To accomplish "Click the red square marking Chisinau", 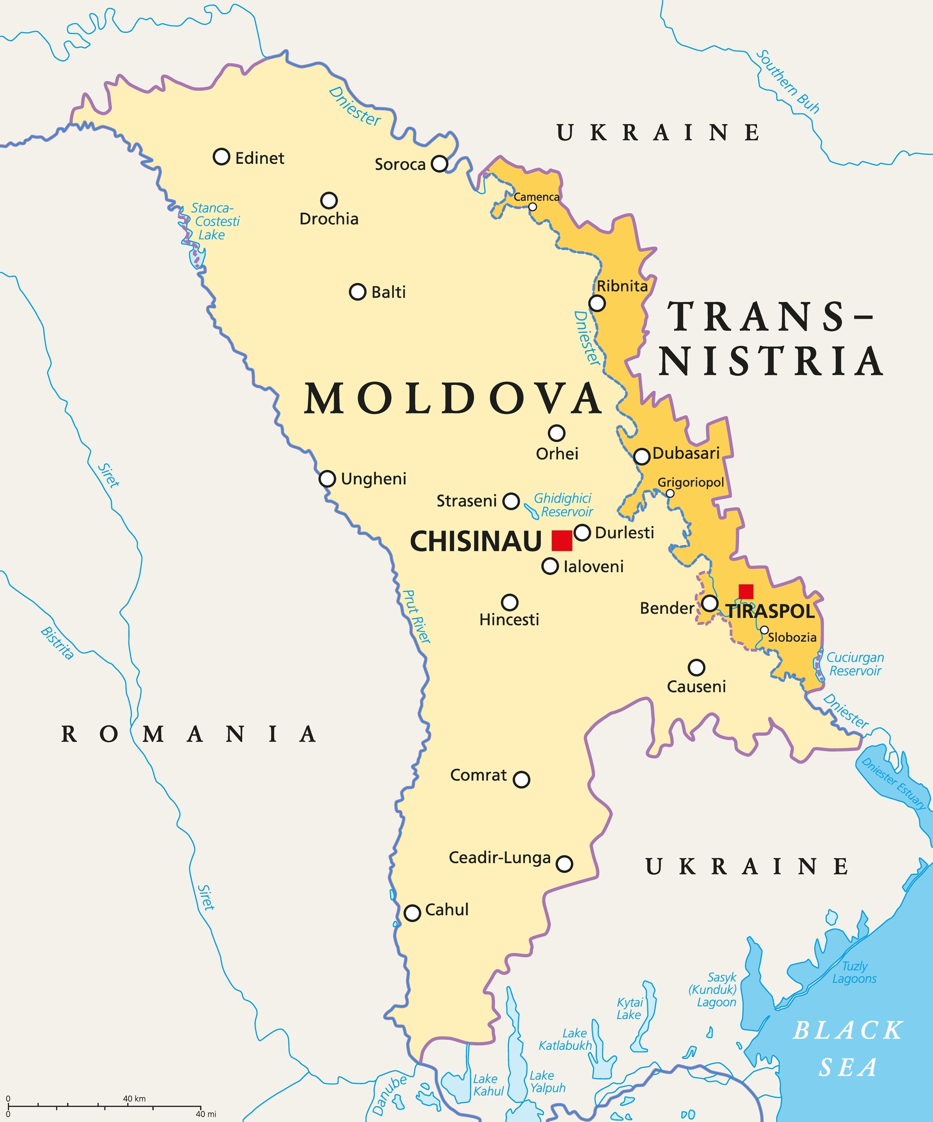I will coord(561,540).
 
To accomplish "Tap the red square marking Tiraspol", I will coord(746,591).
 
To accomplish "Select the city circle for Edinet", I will coord(221,157).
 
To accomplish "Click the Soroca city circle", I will coord(439,163).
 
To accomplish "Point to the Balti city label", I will coord(388,292).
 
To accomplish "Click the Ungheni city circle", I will coord(327,478).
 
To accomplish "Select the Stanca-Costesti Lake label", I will coord(215,221).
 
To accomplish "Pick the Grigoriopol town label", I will coord(690,482).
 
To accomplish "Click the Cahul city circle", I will coord(412,913).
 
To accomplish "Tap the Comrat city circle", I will coord(521,779).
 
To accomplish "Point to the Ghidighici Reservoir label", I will coord(564,505).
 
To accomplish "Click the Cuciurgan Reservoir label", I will coord(855,664).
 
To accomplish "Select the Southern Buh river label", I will coord(788,82).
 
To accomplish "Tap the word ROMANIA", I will coord(189,734).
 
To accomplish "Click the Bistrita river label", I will coord(57,643).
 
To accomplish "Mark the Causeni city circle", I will coord(696,667).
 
